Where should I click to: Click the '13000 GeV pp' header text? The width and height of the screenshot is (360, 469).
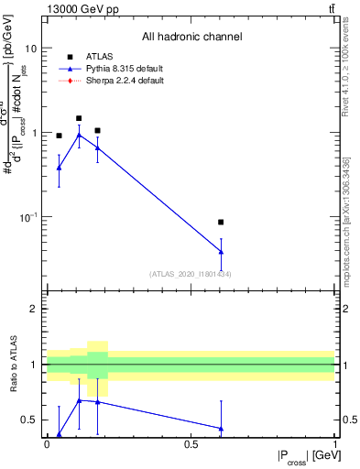point(76,9)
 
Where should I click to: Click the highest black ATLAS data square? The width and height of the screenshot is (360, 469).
point(79,118)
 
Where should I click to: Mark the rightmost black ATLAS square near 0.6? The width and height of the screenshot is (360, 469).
point(221,222)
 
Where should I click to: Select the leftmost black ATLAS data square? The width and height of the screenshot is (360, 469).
point(59,136)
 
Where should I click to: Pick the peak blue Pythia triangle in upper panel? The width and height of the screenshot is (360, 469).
point(79,135)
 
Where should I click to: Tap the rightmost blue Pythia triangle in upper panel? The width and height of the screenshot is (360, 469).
point(221,252)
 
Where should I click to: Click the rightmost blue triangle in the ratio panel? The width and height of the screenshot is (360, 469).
point(221,428)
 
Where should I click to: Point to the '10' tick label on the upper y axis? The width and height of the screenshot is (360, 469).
point(31,48)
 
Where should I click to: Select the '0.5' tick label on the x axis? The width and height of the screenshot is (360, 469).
point(191,443)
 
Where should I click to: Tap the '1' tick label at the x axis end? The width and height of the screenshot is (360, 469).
point(334,443)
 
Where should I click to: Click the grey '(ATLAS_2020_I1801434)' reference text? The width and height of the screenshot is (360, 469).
point(191,274)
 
